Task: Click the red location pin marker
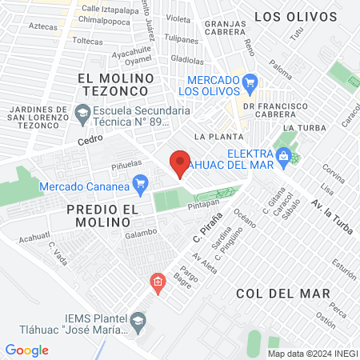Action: click(180, 164)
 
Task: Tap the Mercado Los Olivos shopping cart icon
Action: click(250, 81)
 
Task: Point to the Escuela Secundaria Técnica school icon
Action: click(82, 115)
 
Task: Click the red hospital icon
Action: click(158, 282)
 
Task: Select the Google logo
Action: click(26, 350)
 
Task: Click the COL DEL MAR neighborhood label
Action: click(283, 294)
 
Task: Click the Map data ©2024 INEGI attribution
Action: click(312, 353)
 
